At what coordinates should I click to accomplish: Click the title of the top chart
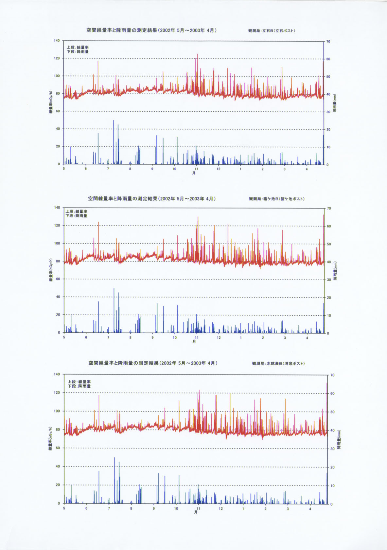pos(151,30)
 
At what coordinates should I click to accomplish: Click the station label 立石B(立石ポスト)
pos(272,31)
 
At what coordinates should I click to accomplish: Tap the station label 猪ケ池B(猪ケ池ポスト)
pos(276,199)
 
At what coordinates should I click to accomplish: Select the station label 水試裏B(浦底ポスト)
pos(278,363)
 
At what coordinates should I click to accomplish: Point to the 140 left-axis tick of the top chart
pos(57,41)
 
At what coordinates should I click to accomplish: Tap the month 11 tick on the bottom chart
pos(198,508)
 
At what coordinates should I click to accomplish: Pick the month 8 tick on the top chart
pos(130,169)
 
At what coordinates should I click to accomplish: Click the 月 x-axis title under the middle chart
pos(194,341)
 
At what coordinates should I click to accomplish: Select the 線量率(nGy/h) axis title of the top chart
pos(51,102)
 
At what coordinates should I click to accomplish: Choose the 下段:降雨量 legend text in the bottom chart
pos(79,386)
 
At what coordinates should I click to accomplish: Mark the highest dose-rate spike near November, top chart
pos(197,55)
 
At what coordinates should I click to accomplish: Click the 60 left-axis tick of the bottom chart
pos(57,448)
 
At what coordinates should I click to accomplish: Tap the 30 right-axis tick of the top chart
pos(328,112)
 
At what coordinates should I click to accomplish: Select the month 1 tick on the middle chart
pos(241,338)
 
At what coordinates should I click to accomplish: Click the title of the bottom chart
pos(153,363)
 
